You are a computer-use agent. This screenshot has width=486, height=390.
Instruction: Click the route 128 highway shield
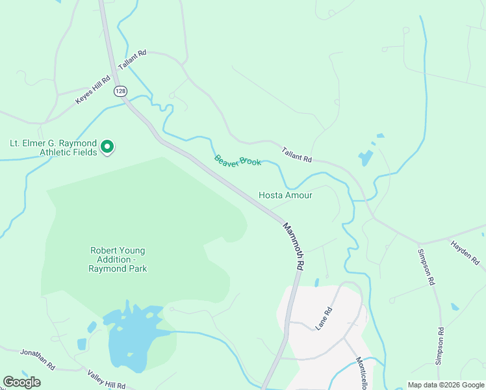(x=120, y=91)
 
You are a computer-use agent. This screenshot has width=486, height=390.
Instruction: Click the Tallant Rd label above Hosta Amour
(x=297, y=155)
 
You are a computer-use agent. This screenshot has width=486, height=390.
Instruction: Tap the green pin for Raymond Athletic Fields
(x=109, y=148)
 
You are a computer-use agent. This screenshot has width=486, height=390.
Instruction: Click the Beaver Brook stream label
(x=238, y=161)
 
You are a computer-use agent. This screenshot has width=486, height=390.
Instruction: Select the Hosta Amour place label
(x=285, y=195)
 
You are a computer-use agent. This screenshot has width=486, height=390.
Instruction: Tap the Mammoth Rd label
(x=294, y=246)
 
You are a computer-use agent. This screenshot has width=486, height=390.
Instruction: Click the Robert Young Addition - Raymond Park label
(x=118, y=259)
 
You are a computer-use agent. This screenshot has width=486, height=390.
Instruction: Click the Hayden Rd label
(x=465, y=252)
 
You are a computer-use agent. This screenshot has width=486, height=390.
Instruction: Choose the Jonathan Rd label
(x=37, y=357)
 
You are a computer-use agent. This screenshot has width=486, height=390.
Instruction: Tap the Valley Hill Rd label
(x=105, y=378)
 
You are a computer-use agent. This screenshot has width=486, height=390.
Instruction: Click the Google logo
(x=21, y=382)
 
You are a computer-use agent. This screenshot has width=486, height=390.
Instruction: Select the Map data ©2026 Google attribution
(x=445, y=385)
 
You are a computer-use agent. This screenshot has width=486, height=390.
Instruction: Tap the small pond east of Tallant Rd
(x=366, y=158)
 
